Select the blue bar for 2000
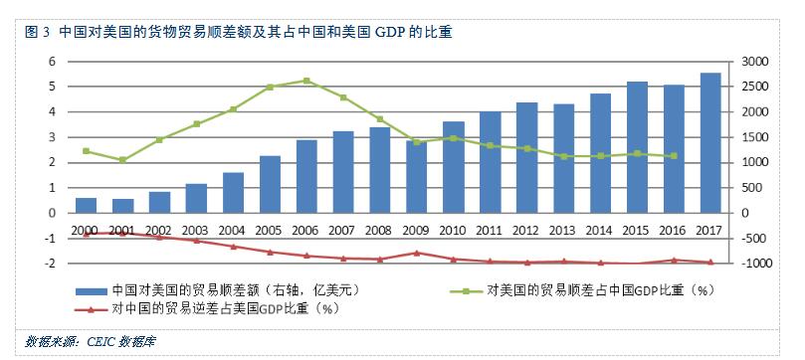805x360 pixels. pos(87,205)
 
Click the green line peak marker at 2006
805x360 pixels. pos(306,81)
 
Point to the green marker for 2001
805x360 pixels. pos(121,160)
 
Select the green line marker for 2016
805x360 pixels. pos(676,156)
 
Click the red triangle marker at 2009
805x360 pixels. pos(417,253)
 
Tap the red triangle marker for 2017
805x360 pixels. pos(709,263)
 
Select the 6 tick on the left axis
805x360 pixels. pos(52,62)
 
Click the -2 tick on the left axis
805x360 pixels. pos(50,264)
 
